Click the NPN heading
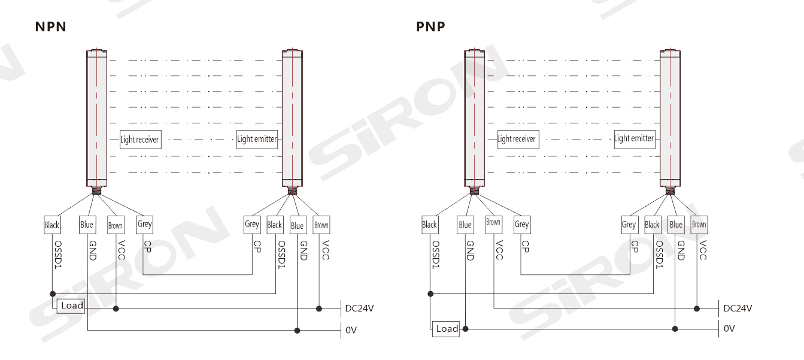point(50,27)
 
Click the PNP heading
point(430,27)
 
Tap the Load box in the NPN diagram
point(72,305)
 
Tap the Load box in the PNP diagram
point(447,328)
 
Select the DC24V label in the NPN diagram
point(359,308)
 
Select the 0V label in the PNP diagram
point(729,329)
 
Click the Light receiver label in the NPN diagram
point(140,140)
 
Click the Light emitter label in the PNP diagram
point(634,138)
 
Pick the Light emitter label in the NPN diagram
point(257,139)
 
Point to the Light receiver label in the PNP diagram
point(517,139)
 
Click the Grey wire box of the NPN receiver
point(144,224)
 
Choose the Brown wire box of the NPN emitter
point(321,225)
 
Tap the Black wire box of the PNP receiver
point(429,225)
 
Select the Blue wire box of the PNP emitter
point(676,225)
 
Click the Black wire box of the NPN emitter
point(275,225)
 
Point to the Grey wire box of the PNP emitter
point(629,225)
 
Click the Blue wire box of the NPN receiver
point(87,225)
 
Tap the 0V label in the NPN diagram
point(351,330)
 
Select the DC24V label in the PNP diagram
point(738,308)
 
